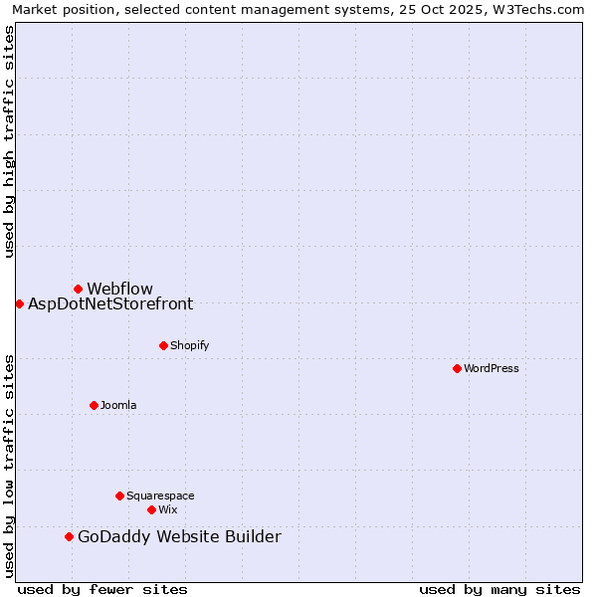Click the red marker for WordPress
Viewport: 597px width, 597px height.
click(457, 368)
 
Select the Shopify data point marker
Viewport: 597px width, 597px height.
click(163, 345)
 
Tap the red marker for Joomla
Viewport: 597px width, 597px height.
click(94, 405)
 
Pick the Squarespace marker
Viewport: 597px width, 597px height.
click(119, 496)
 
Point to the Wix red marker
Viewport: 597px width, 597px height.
click(151, 509)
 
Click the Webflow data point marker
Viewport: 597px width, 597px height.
click(78, 289)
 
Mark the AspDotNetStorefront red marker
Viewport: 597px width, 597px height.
click(19, 303)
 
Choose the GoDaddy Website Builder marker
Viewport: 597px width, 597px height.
click(69, 536)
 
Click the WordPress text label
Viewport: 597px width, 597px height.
click(492, 368)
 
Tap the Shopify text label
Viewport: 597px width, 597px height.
click(189, 345)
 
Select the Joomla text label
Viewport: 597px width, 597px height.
click(118, 405)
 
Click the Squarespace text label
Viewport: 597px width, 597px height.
click(160, 496)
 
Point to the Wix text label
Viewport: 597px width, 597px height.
click(168, 509)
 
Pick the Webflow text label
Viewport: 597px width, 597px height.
click(119, 289)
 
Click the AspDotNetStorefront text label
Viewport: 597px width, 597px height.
click(110, 303)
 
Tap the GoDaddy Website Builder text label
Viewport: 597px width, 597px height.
click(179, 536)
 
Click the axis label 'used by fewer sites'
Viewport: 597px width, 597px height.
click(102, 589)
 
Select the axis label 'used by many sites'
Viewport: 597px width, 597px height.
click(499, 589)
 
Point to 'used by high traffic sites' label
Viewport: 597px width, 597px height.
click(9, 141)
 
